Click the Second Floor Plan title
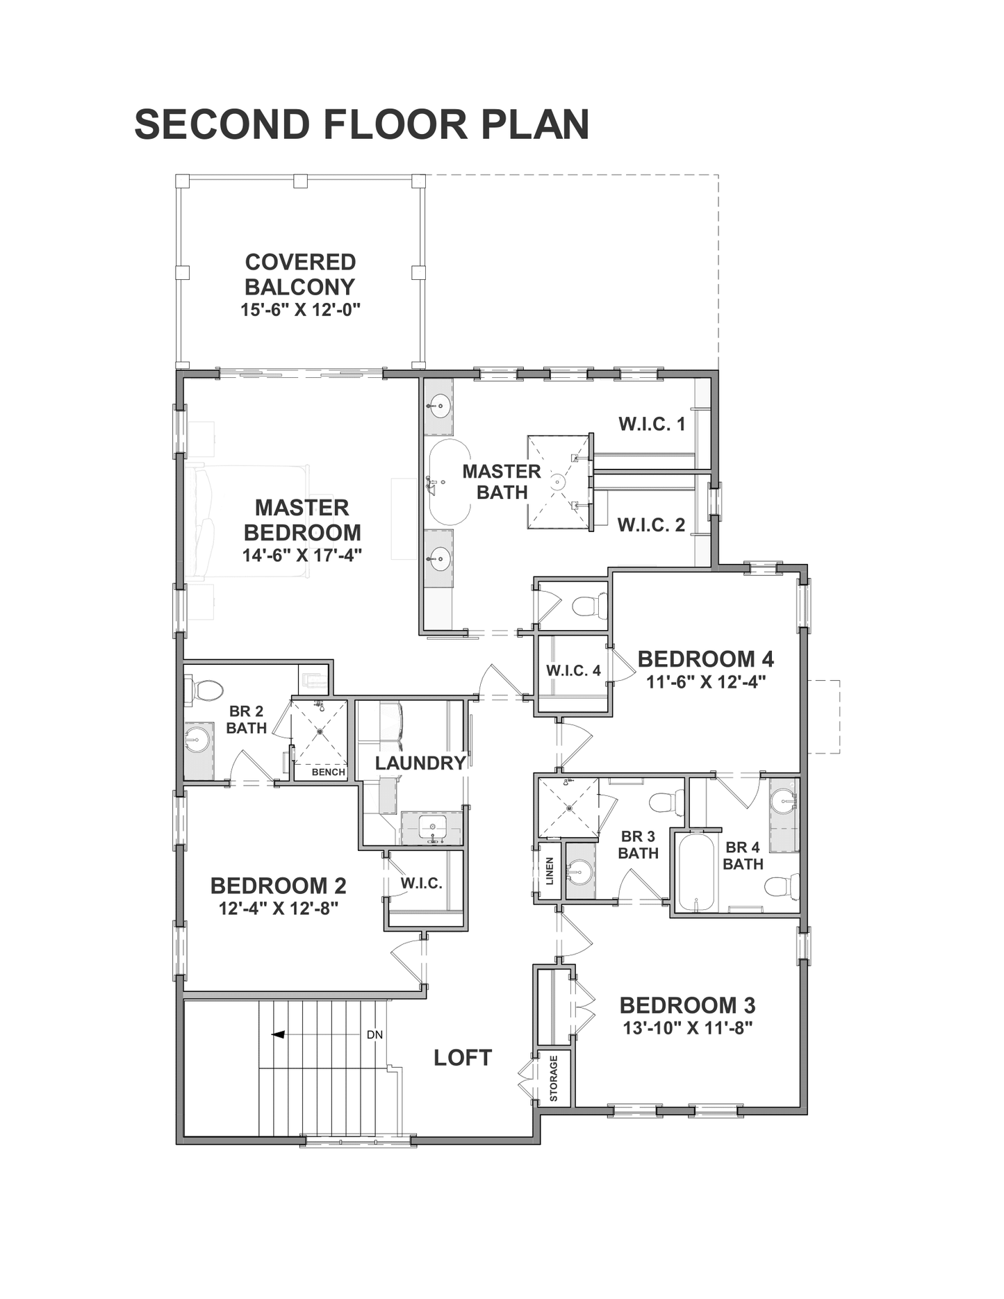click(x=361, y=124)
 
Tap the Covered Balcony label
click(x=300, y=274)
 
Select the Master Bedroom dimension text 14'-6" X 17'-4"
click(x=302, y=556)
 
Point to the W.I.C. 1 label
click(x=652, y=424)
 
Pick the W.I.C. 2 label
click(x=652, y=525)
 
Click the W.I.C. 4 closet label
click(x=573, y=670)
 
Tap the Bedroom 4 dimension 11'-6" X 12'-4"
click(x=706, y=682)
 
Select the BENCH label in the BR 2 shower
click(x=329, y=772)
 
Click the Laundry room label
click(x=420, y=763)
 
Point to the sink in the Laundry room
click(x=432, y=827)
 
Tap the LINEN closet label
click(x=550, y=870)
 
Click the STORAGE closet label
click(x=554, y=1079)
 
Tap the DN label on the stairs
click(x=375, y=1034)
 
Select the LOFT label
click(x=463, y=1058)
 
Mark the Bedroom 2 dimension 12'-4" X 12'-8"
click(x=279, y=909)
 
